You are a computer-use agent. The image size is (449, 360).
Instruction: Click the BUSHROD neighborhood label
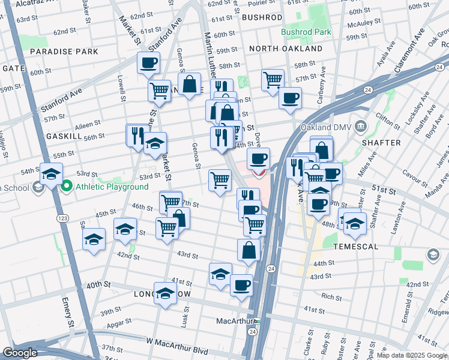click(x=262, y=18)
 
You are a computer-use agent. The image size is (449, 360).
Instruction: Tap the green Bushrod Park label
click(x=306, y=31)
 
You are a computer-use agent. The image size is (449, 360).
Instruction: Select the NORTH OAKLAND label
click(x=286, y=49)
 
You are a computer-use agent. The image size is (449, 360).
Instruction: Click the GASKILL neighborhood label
click(x=64, y=137)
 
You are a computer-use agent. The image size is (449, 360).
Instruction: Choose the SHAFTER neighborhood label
click(x=382, y=143)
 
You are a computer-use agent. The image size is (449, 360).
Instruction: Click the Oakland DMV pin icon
click(x=361, y=126)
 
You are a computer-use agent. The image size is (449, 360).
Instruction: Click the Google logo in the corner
click(x=20, y=353)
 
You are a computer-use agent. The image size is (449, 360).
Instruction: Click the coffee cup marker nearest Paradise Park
click(x=148, y=62)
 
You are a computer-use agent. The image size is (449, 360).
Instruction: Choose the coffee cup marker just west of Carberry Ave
click(x=290, y=97)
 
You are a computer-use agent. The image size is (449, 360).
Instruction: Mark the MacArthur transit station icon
click(x=256, y=321)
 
